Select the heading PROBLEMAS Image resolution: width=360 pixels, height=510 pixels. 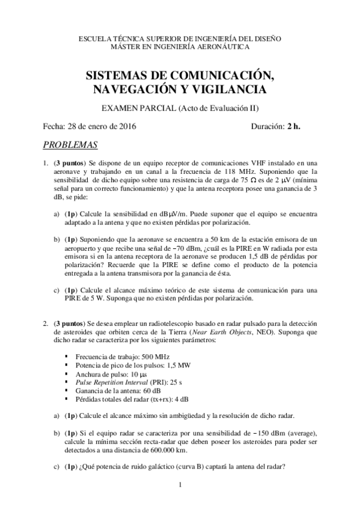point(71,145)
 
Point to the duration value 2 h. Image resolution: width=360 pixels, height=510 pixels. point(294,126)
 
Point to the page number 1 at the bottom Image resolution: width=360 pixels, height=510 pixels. point(180,485)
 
